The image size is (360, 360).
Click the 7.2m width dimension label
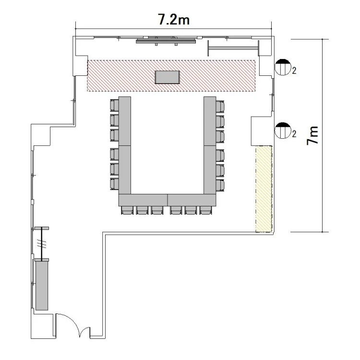(174, 19)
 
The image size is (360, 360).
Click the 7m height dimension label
(312, 135)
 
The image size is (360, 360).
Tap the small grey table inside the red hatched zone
(168, 77)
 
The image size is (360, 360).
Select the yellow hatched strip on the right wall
(264, 189)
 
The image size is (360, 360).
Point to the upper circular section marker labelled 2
(283, 67)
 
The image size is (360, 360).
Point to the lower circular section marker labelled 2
(283, 131)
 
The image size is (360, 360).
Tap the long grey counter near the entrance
(42, 286)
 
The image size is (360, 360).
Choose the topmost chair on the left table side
(114, 105)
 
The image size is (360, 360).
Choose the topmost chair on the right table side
(220, 106)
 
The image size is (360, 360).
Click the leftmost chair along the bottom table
(127, 210)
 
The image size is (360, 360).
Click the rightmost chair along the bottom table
(205, 210)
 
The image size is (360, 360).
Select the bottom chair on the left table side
(114, 184)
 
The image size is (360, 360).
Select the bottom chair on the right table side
(220, 185)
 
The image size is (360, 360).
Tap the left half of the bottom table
(143, 200)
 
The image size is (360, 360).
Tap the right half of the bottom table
(192, 200)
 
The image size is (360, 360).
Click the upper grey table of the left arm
(125, 121)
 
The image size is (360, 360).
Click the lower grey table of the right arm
(210, 169)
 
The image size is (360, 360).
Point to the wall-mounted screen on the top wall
(166, 41)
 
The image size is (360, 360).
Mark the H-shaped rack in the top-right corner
(233, 48)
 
